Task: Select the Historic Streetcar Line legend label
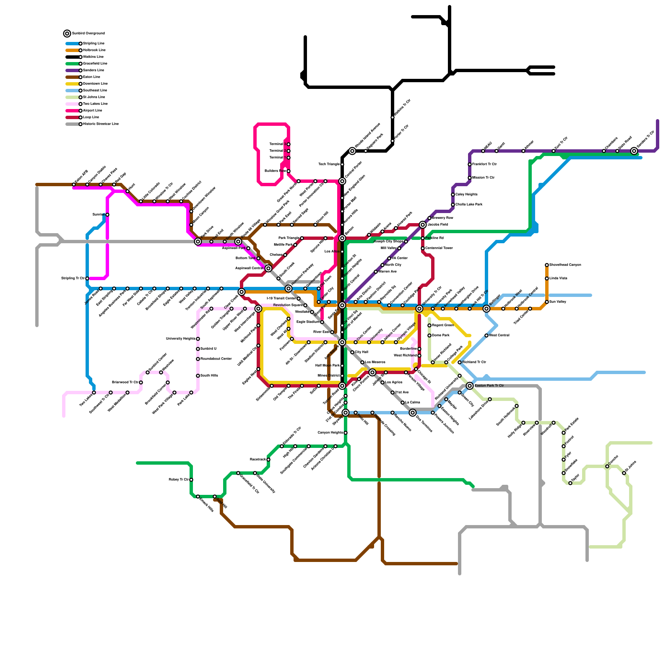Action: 101,124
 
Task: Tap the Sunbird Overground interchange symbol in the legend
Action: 67,34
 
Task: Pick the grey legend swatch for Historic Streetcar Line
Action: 72,124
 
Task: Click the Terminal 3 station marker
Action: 289,144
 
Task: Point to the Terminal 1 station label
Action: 277,158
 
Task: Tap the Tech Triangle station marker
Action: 342,164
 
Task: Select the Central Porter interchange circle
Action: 342,181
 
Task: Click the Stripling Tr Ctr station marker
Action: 87,278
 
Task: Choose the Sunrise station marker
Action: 107,215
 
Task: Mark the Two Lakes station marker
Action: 94,393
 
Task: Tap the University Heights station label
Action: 180,339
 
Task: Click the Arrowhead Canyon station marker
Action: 547,265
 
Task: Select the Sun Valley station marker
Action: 547,302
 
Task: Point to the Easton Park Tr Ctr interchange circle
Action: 470,386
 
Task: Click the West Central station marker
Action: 486,335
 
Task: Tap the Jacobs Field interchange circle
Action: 423,225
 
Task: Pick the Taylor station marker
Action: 570,483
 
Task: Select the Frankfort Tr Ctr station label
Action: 484,164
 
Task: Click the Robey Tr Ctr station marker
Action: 191,480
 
